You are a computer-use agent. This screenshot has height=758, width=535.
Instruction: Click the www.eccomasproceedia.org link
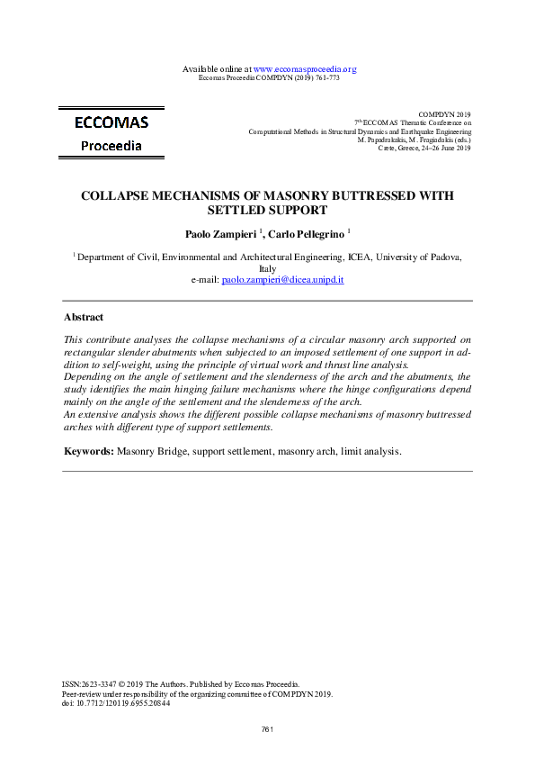[x=306, y=69]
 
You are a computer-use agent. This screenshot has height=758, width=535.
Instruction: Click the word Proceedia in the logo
[x=111, y=146]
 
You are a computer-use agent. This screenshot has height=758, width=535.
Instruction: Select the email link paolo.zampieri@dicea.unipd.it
[x=282, y=280]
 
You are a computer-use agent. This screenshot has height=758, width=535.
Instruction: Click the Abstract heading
[x=84, y=318]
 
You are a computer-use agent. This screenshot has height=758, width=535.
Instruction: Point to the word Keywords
[x=88, y=449]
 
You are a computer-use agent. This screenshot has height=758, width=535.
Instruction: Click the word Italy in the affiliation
[x=267, y=268]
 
